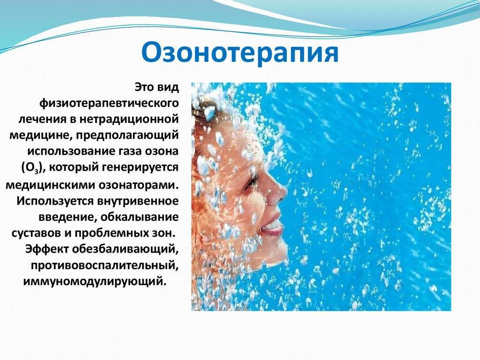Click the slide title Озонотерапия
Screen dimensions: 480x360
tap(240, 52)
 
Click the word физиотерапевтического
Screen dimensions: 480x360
tap(109, 104)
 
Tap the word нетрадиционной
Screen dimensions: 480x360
tap(129, 119)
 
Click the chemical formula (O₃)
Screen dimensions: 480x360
tap(34, 168)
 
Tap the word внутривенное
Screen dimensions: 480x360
tap(138, 201)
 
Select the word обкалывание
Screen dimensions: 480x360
tap(139, 217)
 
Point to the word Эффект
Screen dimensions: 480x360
tap(47, 248)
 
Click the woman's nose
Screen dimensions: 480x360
tap(277, 193)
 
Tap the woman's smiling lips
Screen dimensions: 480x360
tap(271, 225)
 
